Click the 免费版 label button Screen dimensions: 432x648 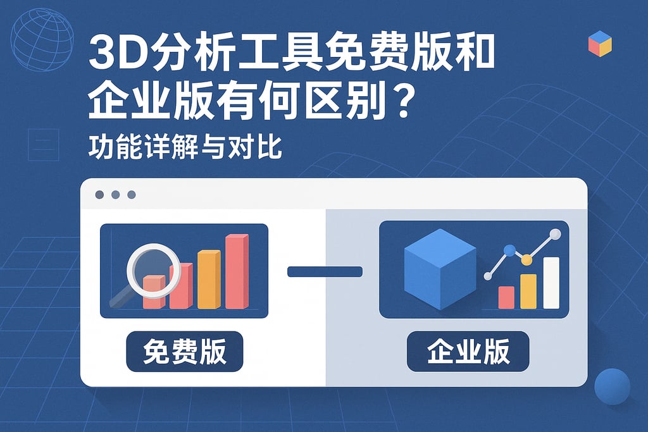[x=185, y=351]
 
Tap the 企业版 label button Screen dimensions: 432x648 [x=468, y=351]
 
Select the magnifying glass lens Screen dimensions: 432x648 [x=154, y=270]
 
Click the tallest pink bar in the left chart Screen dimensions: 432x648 [x=237, y=272]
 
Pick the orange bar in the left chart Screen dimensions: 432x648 [x=209, y=280]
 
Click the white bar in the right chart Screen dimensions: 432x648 [x=551, y=283]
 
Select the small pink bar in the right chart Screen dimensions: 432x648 [x=506, y=297]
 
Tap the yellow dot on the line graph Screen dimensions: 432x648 [x=526, y=259]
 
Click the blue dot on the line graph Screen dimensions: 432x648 [x=509, y=250]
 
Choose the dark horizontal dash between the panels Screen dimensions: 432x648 [x=325, y=272]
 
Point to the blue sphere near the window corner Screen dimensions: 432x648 [x=612, y=386]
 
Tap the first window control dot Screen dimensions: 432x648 [x=99, y=195]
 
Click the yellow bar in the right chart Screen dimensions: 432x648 [x=528, y=291]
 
